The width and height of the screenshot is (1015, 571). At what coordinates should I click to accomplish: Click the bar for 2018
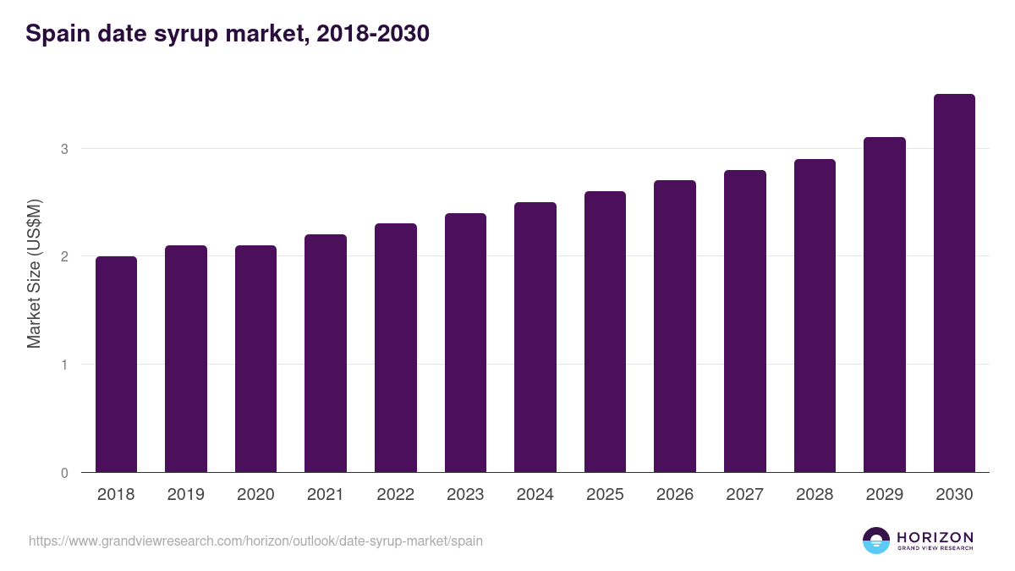116,364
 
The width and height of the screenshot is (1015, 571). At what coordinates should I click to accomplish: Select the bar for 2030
954,283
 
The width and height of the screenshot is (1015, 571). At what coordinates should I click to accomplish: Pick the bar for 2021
326,353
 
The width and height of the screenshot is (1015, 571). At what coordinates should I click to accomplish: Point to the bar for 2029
885,305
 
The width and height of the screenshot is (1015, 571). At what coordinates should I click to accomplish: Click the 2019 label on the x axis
185,495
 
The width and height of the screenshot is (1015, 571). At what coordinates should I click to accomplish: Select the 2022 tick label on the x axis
395,495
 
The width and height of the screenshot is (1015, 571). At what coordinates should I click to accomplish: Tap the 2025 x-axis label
605,495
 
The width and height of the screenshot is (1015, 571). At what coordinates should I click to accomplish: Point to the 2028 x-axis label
815,495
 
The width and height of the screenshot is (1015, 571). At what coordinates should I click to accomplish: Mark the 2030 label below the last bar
954,495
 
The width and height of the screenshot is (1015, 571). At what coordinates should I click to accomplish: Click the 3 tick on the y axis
63,149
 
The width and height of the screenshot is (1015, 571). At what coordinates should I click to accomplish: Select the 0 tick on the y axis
63,473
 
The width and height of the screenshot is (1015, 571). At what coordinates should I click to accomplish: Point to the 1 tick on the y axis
63,365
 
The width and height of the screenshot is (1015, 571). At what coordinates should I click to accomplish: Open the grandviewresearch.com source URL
255,541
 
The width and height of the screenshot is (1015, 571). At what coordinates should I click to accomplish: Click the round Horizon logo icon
876,541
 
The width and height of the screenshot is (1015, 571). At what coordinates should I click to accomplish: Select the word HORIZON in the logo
935,536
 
